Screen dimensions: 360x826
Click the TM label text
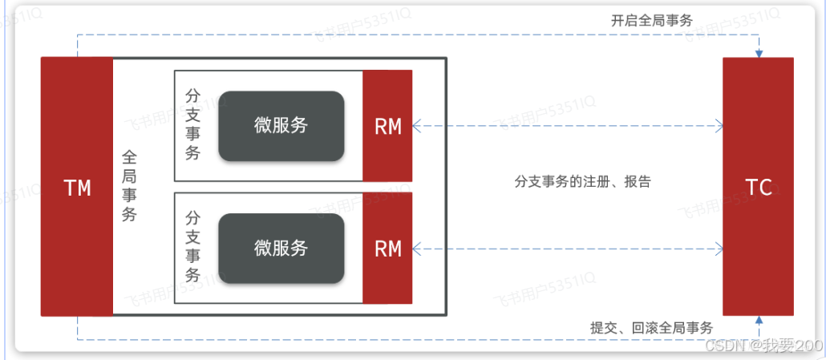coord(77,188)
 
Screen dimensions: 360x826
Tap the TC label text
coord(759,188)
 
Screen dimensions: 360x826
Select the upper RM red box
coord(388,126)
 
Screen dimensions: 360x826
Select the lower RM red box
coord(388,249)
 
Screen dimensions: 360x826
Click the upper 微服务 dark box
coord(281,126)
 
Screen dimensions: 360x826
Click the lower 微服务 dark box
coord(281,249)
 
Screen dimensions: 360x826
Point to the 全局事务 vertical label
coord(129,186)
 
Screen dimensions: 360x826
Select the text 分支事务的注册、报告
coord(582,181)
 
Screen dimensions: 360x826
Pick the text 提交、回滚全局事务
coord(651,327)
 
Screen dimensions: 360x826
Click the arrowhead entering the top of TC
coord(759,53)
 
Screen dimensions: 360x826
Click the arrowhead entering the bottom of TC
coord(759,321)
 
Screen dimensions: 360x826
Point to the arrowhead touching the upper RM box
coord(418,125)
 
